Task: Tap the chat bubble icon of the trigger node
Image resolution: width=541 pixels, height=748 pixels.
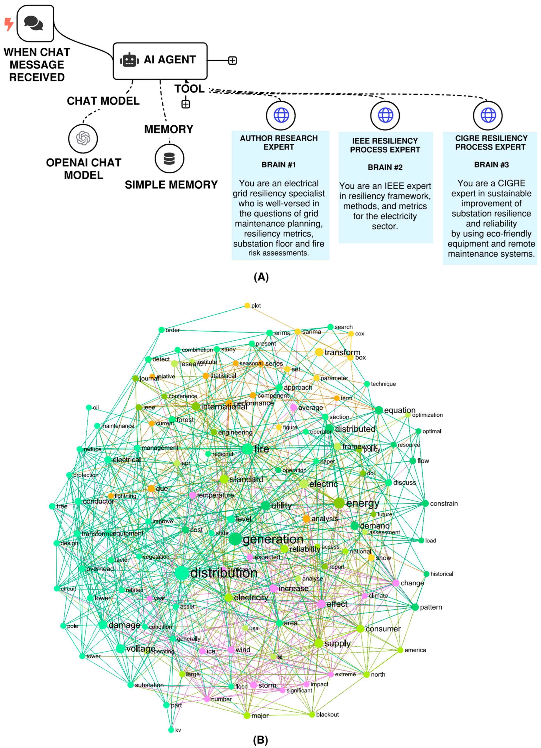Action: pos(34,23)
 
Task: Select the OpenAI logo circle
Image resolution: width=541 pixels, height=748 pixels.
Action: pos(83,138)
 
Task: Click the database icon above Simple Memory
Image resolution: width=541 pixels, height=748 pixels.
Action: pos(169,159)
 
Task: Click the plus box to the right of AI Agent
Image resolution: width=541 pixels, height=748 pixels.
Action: pos(233,61)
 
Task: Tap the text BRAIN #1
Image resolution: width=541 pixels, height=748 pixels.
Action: pos(279,165)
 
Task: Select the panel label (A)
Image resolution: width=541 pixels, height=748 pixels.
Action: pos(261,277)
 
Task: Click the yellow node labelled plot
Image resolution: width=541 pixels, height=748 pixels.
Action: pos(247,306)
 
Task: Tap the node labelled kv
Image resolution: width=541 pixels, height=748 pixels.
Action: pos(171,730)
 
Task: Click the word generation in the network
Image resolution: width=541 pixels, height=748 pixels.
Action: pos(273,539)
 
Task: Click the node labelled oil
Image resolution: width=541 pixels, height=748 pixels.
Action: pos(89,408)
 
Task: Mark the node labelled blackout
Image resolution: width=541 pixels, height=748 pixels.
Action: pos(312,715)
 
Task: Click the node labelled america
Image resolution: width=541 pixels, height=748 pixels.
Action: pos(400,650)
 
